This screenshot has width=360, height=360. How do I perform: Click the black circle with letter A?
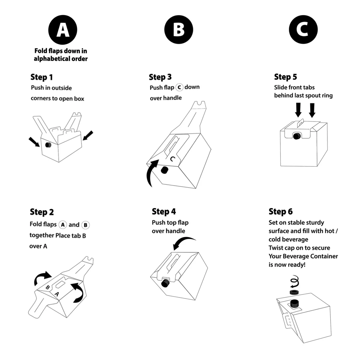click(63, 30)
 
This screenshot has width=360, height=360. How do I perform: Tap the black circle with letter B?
click(178, 30)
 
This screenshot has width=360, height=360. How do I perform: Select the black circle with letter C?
click(303, 30)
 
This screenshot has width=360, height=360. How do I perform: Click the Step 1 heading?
click(41, 77)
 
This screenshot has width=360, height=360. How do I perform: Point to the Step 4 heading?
click(164, 211)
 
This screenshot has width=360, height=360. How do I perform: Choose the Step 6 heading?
click(280, 211)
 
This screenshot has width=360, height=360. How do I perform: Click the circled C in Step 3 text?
click(179, 87)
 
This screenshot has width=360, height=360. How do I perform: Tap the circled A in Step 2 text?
click(62, 225)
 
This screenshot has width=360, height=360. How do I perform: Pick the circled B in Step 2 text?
click(85, 225)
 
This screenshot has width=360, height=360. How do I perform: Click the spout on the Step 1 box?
click(48, 145)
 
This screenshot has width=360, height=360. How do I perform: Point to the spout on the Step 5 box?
click(296, 136)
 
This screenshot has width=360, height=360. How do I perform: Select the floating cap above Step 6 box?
click(294, 292)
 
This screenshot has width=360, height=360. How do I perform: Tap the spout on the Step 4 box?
click(165, 283)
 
